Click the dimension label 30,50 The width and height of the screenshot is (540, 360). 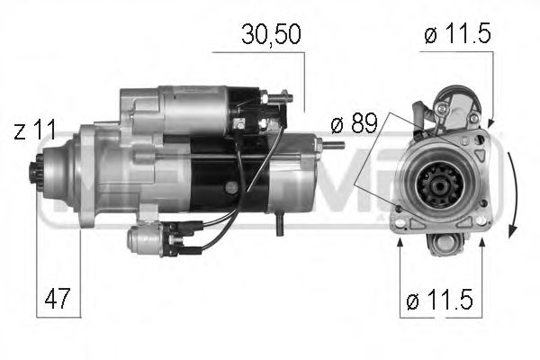269,35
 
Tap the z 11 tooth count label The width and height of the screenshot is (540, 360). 35,131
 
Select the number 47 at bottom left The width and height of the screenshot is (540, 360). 55,296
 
